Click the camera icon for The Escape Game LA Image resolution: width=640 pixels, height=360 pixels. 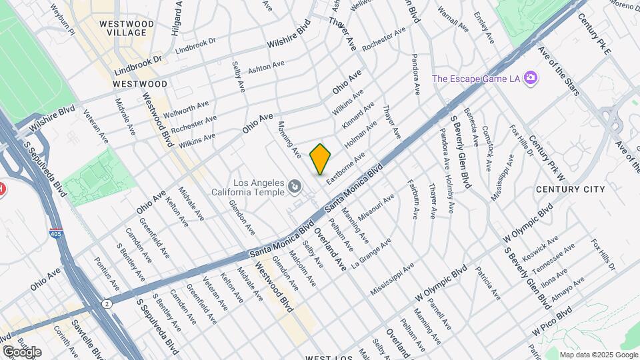click(531, 78)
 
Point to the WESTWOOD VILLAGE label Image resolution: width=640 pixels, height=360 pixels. click(126, 28)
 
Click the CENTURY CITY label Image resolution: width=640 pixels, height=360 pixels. click(571, 190)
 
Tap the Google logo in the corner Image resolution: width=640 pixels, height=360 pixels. click(22, 351)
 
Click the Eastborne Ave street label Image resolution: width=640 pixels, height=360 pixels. click(346, 164)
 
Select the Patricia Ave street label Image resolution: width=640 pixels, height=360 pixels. click(487, 283)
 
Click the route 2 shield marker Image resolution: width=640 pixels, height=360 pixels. click(107, 304)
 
